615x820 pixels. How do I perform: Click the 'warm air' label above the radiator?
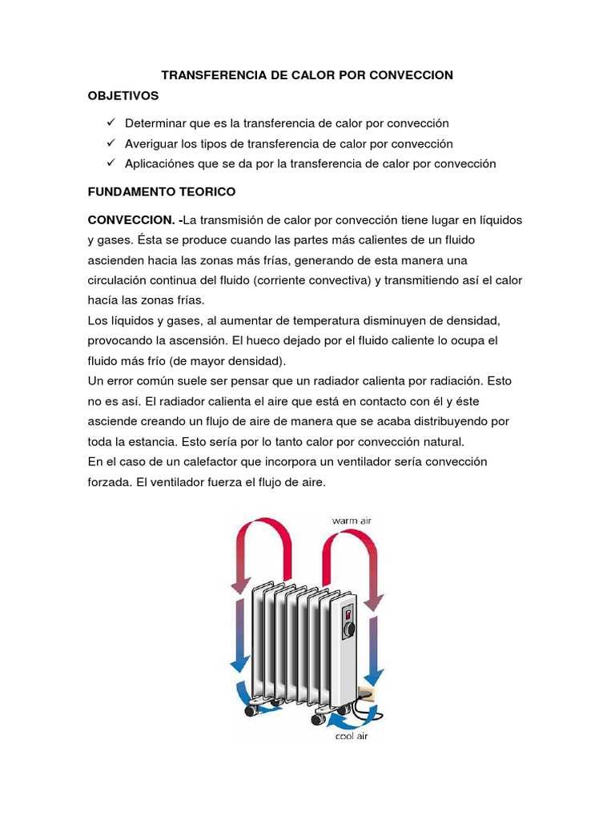[352, 521]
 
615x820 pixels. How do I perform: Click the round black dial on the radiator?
[350, 630]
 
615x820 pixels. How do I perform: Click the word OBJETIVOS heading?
[123, 96]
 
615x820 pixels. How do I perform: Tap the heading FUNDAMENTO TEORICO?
[161, 193]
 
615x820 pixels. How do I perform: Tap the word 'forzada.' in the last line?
[111, 482]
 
